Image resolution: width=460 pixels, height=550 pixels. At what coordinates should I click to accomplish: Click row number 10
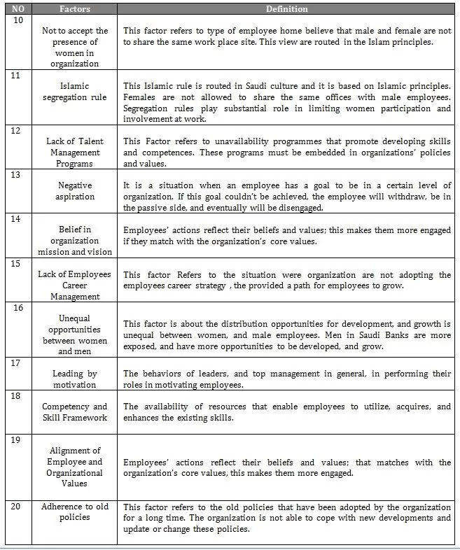(19, 20)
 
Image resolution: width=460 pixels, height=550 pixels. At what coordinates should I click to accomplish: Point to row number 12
(19, 131)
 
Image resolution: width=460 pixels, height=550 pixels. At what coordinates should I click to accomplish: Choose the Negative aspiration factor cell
(74, 191)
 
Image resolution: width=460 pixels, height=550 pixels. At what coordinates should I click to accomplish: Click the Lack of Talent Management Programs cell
(74, 152)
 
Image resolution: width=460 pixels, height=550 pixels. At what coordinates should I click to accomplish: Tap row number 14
(19, 219)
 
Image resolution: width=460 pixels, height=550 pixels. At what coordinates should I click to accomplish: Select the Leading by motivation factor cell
(74, 379)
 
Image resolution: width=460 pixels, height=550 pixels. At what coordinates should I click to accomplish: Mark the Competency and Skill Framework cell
(74, 411)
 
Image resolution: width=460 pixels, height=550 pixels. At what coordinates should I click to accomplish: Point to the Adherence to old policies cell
(74, 512)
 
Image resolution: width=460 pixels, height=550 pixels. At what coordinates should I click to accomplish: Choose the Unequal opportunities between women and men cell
(74, 334)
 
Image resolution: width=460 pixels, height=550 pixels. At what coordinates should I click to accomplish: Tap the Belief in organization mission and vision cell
(74, 240)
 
